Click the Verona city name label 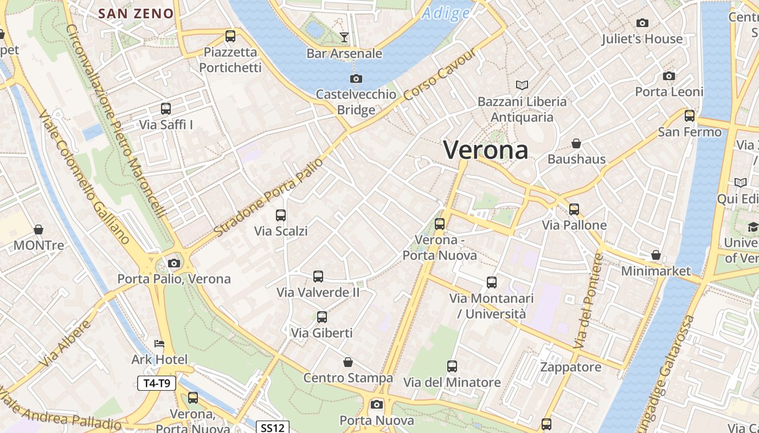click(x=486, y=150)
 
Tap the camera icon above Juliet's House click(x=642, y=23)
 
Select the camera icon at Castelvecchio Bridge click(x=356, y=79)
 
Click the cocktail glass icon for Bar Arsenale click(x=344, y=37)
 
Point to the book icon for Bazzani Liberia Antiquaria click(x=522, y=86)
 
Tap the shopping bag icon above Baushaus click(x=576, y=143)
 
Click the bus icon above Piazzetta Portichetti click(x=230, y=36)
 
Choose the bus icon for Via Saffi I click(x=166, y=109)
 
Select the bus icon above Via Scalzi click(x=281, y=215)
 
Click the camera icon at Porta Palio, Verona click(x=174, y=264)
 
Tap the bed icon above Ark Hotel click(x=159, y=344)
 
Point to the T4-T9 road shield click(x=157, y=384)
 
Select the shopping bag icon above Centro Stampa click(x=348, y=362)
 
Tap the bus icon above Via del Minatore click(x=452, y=366)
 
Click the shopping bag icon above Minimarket click(x=656, y=255)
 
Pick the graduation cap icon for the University click(x=752, y=227)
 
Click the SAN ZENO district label click(x=137, y=14)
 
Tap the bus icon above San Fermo click(x=690, y=116)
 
